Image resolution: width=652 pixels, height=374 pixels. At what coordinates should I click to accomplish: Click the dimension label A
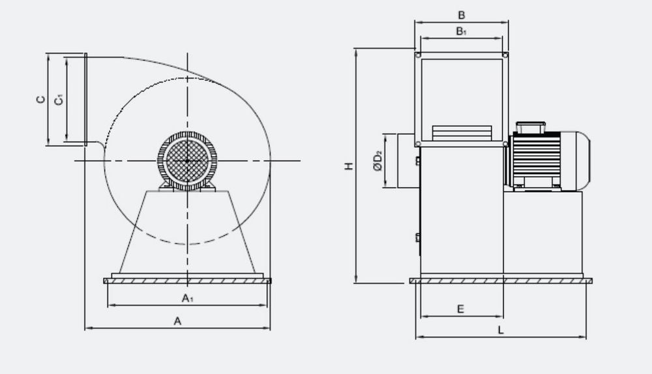(177, 321)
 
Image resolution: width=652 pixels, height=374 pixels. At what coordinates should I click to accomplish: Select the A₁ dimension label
(188, 298)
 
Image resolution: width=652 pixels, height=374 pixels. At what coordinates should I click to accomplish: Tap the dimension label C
(40, 99)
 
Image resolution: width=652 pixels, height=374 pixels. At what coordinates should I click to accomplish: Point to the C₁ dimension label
(59, 100)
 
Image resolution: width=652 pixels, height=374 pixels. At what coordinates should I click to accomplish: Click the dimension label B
(461, 16)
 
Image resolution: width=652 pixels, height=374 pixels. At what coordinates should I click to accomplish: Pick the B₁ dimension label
(461, 31)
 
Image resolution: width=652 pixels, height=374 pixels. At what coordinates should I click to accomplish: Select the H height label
(349, 165)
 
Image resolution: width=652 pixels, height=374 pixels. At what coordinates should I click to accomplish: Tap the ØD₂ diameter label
(378, 161)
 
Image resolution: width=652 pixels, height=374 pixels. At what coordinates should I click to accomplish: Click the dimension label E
(460, 309)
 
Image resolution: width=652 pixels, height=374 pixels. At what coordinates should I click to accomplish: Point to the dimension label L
(501, 330)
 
